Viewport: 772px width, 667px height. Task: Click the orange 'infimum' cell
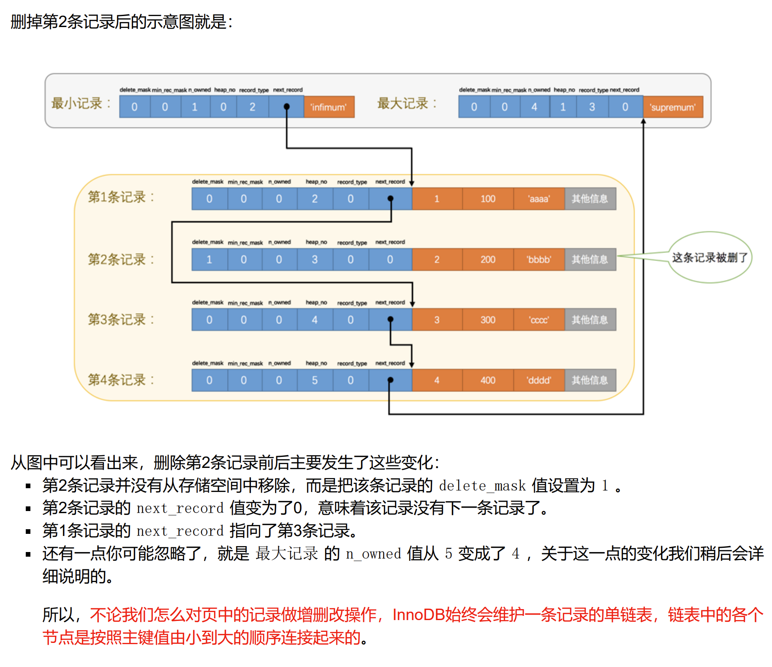click(x=329, y=107)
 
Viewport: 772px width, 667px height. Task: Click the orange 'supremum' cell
click(x=673, y=107)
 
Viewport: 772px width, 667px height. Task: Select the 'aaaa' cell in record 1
click(x=539, y=199)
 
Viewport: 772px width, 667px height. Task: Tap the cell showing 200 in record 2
click(x=488, y=260)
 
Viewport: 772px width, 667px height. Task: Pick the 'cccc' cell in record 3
click(x=539, y=320)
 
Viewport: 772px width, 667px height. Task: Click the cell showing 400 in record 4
click(x=488, y=380)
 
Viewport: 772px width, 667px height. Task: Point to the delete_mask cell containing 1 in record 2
click(x=209, y=260)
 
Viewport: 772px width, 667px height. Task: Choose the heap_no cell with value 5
click(x=315, y=380)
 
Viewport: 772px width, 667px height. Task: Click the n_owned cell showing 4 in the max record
click(x=535, y=107)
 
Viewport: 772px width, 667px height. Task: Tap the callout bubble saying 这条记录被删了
click(x=709, y=257)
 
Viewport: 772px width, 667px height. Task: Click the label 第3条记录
click(x=121, y=320)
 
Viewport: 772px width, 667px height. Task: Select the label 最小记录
click(x=81, y=103)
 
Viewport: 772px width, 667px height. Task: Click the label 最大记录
click(x=407, y=103)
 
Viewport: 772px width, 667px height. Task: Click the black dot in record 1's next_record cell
click(x=391, y=198)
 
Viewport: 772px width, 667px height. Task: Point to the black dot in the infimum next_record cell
click(x=287, y=107)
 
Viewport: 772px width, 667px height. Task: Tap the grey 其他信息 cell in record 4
click(x=590, y=380)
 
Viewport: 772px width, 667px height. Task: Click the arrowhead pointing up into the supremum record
click(x=643, y=121)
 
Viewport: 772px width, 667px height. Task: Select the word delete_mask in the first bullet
click(x=482, y=486)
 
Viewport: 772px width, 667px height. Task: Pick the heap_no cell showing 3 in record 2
click(x=315, y=260)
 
